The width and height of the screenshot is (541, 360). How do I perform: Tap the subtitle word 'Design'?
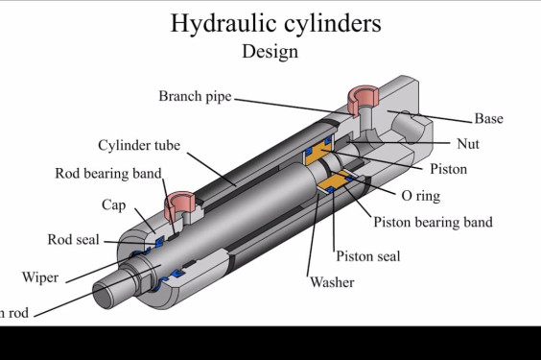tap(270, 50)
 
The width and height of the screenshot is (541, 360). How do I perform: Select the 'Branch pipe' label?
tap(195, 96)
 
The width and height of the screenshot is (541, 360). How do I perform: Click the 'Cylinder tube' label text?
tap(138, 146)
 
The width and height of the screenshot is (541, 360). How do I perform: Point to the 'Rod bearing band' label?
tap(107, 174)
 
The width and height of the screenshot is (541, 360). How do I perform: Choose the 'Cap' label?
tap(113, 205)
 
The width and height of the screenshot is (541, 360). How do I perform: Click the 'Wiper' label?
tap(40, 278)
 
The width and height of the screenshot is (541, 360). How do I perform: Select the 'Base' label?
tap(488, 119)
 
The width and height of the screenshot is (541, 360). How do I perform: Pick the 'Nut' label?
tap(466, 144)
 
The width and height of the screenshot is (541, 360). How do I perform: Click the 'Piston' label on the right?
tap(448, 170)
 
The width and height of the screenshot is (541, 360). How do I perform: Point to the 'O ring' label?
tap(420, 196)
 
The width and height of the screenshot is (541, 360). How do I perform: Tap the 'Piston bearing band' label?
tap(433, 223)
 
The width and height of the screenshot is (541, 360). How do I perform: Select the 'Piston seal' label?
tap(367, 256)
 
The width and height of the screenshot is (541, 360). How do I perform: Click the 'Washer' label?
tap(332, 282)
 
